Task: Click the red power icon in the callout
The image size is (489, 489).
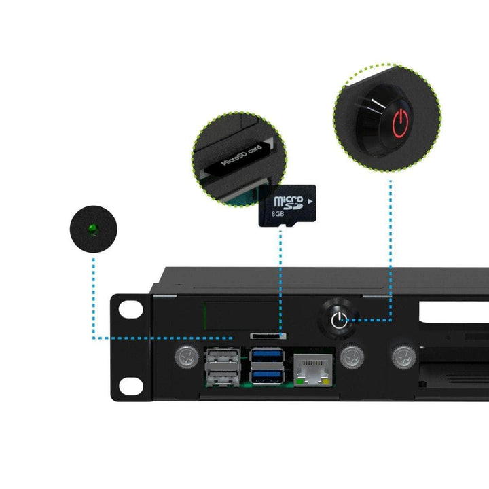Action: click(x=400, y=122)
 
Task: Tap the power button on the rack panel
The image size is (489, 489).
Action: click(x=338, y=319)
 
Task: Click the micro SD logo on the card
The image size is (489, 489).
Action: click(x=287, y=202)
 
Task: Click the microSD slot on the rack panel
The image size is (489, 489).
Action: click(x=268, y=336)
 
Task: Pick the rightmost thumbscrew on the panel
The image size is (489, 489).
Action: click(x=403, y=355)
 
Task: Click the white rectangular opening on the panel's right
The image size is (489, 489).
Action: click(x=454, y=312)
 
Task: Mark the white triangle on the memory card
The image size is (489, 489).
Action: click(x=310, y=202)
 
